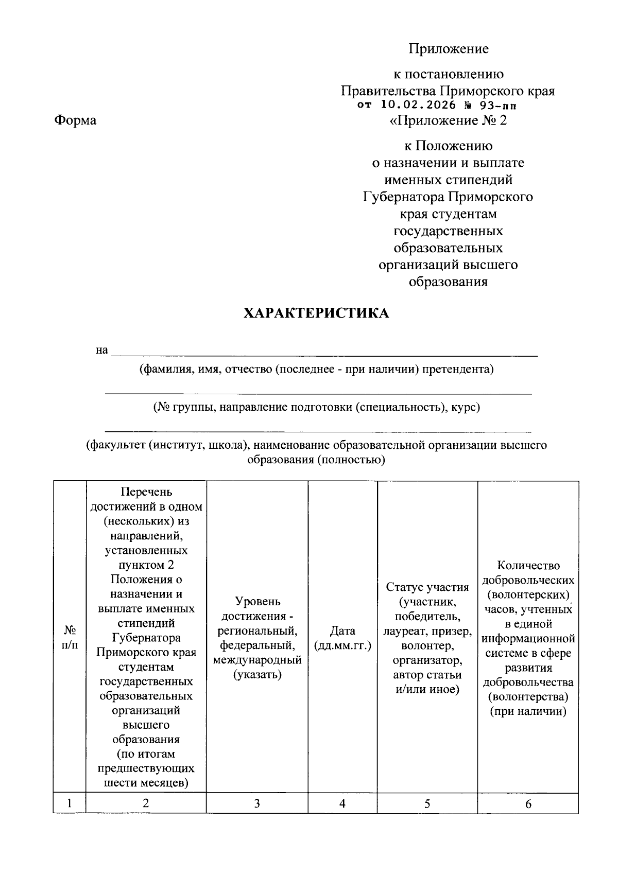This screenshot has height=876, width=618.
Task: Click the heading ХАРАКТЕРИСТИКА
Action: [316, 313]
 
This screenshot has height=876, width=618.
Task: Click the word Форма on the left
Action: [75, 120]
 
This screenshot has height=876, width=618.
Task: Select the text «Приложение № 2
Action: [448, 120]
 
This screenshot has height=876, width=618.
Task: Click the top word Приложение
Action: [448, 49]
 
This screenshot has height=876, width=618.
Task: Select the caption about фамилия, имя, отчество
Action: [316, 369]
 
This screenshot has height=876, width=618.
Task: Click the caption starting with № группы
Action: [316, 407]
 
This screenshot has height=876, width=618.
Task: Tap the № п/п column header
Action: [69, 637]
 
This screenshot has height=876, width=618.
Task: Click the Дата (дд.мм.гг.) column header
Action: [342, 638]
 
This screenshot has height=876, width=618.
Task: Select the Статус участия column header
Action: [427, 638]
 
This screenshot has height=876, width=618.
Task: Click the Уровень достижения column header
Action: [257, 638]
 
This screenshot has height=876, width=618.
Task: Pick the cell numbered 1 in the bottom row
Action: [69, 803]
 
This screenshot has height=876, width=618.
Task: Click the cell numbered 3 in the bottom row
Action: [257, 803]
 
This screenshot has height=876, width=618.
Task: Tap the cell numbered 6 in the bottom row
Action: [528, 804]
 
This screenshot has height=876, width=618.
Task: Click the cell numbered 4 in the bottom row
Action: [342, 803]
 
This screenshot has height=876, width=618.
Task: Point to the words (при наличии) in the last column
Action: [528, 712]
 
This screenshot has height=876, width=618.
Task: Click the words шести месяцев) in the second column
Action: [146, 783]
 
